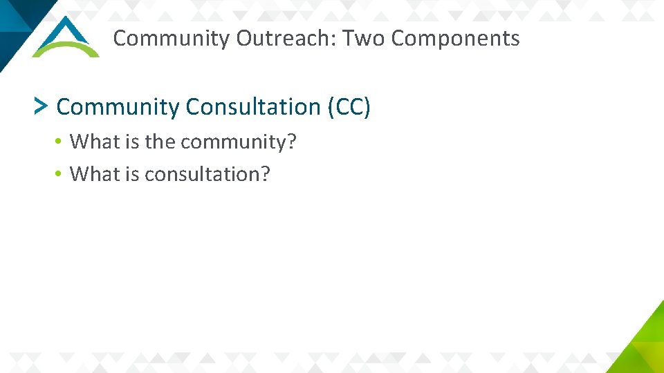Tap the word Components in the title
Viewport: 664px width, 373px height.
pyautogui.click(x=455, y=39)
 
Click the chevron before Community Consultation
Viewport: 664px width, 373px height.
pyautogui.click(x=41, y=106)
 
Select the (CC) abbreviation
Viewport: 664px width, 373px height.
pyautogui.click(x=349, y=107)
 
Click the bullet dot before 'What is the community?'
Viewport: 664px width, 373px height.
pyautogui.click(x=60, y=142)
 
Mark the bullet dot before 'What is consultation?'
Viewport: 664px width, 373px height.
pyautogui.click(x=60, y=174)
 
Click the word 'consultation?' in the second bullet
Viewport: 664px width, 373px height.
pyautogui.click(x=207, y=174)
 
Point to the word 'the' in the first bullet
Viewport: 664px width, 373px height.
pyautogui.click(x=160, y=142)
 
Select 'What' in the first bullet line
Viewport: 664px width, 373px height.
pyautogui.click(x=95, y=142)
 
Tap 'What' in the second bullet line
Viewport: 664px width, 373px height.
pyautogui.click(x=95, y=174)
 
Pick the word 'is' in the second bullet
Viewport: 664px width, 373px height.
pyautogui.click(x=132, y=174)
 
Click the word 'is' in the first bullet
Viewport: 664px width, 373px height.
pyautogui.click(x=132, y=142)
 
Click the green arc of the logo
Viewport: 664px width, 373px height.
pyautogui.click(x=66, y=47)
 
